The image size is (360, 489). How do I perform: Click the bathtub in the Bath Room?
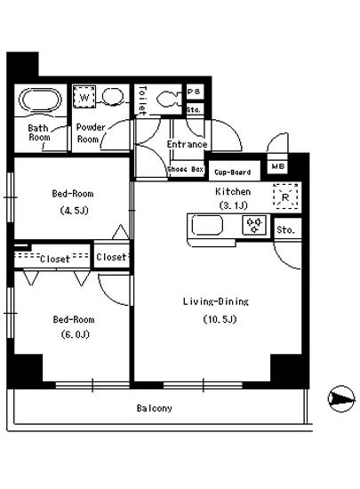point(40,100)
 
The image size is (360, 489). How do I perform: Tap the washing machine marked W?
point(84,97)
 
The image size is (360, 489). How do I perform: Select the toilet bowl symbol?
point(168,100)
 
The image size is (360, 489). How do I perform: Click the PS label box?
point(195,92)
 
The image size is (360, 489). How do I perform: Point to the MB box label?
point(278,166)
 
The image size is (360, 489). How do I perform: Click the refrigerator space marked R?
point(285,196)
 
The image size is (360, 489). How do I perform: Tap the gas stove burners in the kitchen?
point(254,225)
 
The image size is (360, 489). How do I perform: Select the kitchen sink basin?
point(207,225)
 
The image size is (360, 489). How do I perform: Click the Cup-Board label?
point(233,172)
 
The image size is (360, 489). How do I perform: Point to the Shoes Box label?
point(186,169)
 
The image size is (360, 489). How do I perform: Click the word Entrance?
point(187,144)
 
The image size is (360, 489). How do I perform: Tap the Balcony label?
point(155,408)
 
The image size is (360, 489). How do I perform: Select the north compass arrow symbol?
point(341,398)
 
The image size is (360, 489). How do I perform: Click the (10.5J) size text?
point(220,319)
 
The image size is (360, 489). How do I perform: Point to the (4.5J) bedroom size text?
point(74,211)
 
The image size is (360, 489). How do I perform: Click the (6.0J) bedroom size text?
point(76,334)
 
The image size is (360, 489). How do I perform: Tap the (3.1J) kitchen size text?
point(234,205)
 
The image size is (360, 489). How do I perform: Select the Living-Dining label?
point(216,301)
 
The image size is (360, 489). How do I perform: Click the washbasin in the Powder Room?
point(113,96)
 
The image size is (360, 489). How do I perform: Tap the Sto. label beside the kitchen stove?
point(285,230)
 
